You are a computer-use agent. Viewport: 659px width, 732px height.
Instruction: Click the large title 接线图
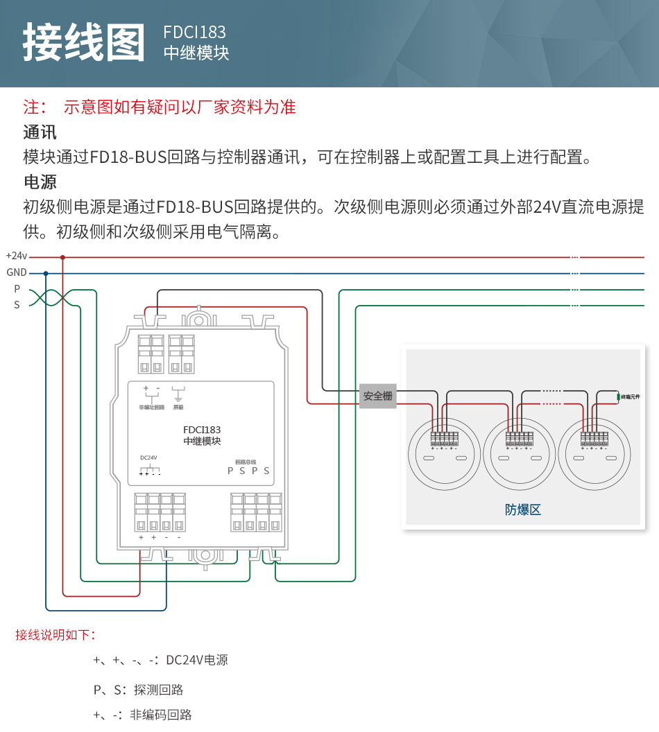pos(84,43)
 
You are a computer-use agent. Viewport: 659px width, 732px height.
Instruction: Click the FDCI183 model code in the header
pos(194,33)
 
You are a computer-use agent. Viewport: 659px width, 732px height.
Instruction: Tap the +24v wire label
pos(16,256)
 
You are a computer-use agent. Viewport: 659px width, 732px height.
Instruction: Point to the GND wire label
pos(17,272)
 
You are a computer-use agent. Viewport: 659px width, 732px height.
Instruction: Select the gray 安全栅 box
pos(378,396)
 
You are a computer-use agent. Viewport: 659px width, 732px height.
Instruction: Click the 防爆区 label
pos(522,509)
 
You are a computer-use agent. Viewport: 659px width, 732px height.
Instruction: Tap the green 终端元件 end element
pos(619,397)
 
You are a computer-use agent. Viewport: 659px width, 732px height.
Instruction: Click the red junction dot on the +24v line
pos(62,257)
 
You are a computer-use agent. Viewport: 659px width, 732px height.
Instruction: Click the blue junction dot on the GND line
pos(46,273)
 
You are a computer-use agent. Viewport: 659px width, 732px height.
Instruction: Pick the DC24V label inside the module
pos(148,458)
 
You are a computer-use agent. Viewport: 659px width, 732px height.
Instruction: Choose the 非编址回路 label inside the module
pos(152,408)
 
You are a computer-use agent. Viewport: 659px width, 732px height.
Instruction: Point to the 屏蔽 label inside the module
pos(178,408)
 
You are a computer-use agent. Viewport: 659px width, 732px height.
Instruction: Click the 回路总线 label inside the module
pos(246,462)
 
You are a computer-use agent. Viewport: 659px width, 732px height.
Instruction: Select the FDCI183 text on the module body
pos(202,430)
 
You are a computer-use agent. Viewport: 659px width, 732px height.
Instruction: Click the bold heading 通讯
pos(40,132)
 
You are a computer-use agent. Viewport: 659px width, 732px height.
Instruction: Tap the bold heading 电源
pos(40,182)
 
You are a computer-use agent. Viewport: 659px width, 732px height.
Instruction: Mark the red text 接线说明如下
pos(55,634)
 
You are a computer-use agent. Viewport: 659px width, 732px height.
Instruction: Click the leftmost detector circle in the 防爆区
pos(444,458)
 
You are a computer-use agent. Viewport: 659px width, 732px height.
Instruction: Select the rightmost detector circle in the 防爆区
pos(594,458)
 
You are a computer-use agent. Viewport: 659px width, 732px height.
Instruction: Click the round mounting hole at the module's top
pos(202,320)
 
